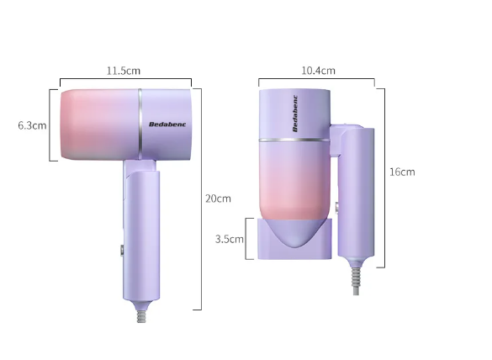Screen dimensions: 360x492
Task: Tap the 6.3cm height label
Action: [x=32, y=125]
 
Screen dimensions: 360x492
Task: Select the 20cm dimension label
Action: [x=218, y=199]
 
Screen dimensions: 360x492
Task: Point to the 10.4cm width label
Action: [x=318, y=71]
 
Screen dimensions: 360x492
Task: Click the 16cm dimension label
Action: [x=402, y=172]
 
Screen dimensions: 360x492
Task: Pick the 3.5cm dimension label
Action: [x=229, y=239]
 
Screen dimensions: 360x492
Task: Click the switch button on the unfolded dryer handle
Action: [x=122, y=249]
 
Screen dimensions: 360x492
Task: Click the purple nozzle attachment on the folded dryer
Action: [x=294, y=239]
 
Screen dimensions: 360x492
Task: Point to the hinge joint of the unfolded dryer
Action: [x=140, y=166]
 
